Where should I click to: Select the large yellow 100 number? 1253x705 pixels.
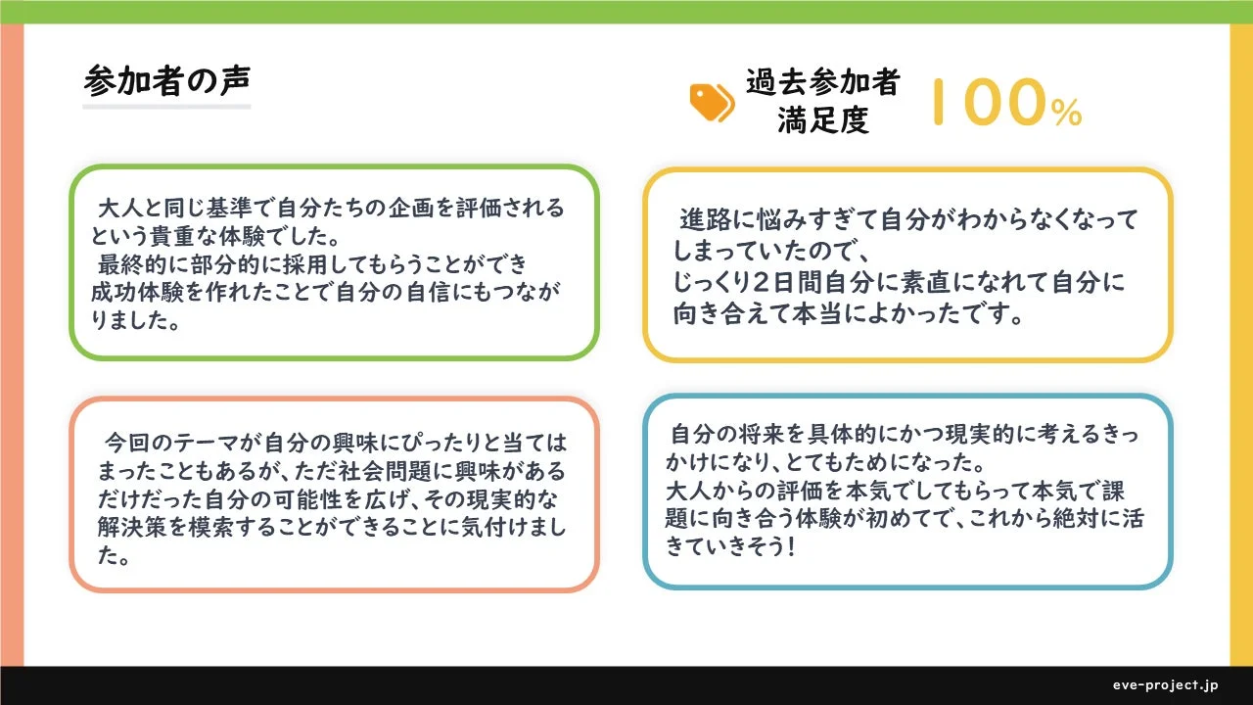click(x=988, y=103)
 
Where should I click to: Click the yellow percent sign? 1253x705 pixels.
click(x=1067, y=115)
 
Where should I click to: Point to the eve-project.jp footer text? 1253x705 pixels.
click(x=1165, y=684)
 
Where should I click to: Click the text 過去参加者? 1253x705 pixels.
click(x=822, y=83)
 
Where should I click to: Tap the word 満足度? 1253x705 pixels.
click(x=822, y=120)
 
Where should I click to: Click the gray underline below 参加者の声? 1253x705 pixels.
click(x=166, y=106)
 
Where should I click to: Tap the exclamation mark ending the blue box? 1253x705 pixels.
click(x=789, y=548)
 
